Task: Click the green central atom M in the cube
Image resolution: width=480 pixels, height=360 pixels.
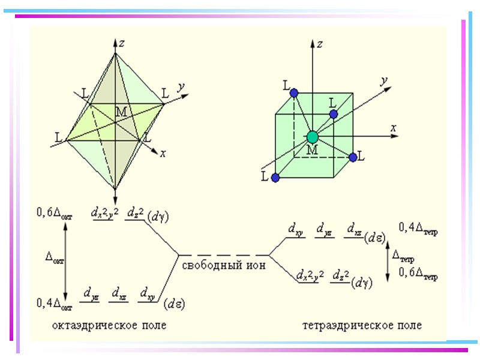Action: pos(311,137)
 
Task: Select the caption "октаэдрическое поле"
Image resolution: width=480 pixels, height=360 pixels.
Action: pos(109,325)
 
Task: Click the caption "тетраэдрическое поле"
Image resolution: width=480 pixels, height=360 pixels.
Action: pos(362,325)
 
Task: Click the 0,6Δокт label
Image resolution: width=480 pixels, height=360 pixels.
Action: pos(55,214)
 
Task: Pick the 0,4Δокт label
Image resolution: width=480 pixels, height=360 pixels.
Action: pos(55,304)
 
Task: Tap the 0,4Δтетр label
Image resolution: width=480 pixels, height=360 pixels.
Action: pos(418,228)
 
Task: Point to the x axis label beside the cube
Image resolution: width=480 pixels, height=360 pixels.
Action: pos(394,127)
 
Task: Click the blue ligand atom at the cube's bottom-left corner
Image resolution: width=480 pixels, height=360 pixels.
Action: pos(275,178)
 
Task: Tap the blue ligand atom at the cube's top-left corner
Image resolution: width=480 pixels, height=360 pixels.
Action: pos(293,93)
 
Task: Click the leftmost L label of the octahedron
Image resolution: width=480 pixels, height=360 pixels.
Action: pos(59,138)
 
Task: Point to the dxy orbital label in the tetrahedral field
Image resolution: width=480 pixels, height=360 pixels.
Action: pos(295,229)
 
